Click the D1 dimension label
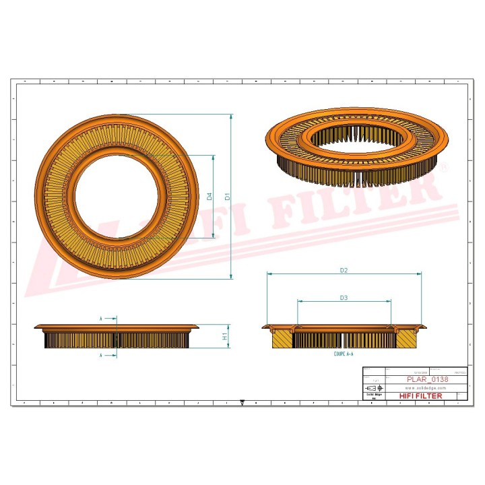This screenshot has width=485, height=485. click(228, 197)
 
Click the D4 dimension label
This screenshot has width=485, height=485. click(209, 197)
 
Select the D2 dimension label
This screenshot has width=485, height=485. click(344, 270)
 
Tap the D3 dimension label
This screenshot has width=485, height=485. click(344, 297)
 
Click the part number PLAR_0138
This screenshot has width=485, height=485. click(428, 380)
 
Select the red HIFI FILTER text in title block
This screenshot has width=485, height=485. click(421, 396)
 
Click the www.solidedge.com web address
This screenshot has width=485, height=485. click(426, 388)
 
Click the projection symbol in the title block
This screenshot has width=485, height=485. click(372, 389)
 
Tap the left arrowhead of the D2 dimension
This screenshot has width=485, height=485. click(269, 274)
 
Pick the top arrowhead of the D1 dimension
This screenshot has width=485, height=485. click(232, 117)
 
